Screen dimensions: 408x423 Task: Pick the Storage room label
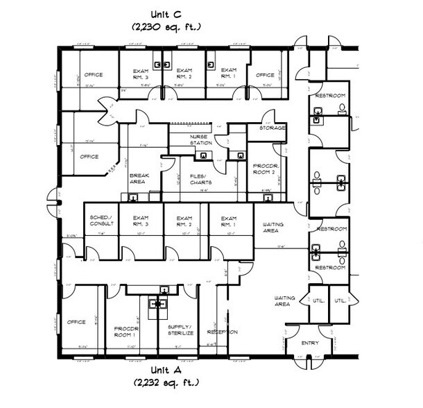272,128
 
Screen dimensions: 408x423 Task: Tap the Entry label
309,343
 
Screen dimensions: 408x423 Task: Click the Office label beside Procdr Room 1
76,322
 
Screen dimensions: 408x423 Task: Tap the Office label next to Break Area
89,157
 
